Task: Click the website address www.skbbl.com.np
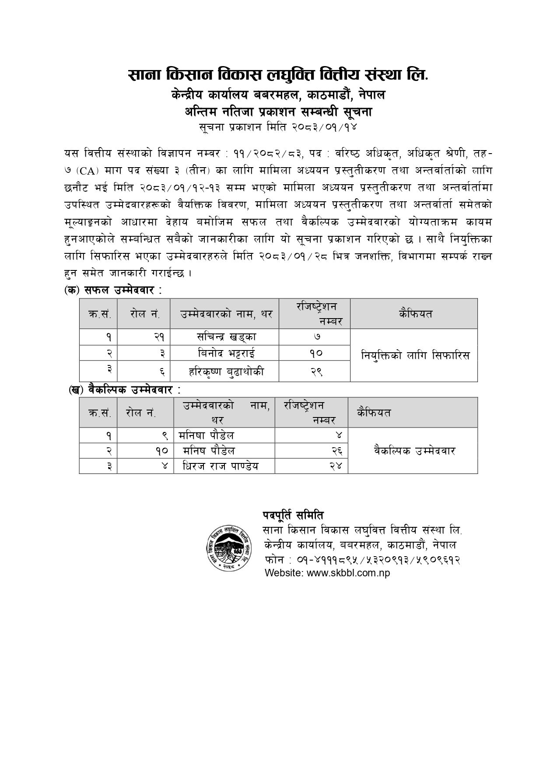pos(327,573)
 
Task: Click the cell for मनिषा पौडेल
pos(207,435)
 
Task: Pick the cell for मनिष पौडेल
pos(209,451)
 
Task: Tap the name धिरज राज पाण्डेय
pos(221,466)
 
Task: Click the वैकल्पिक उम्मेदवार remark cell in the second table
pos(414,451)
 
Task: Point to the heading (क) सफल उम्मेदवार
pos(113,290)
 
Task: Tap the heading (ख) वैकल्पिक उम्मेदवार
pos(125,389)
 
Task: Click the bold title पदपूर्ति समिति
pos(293,515)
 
